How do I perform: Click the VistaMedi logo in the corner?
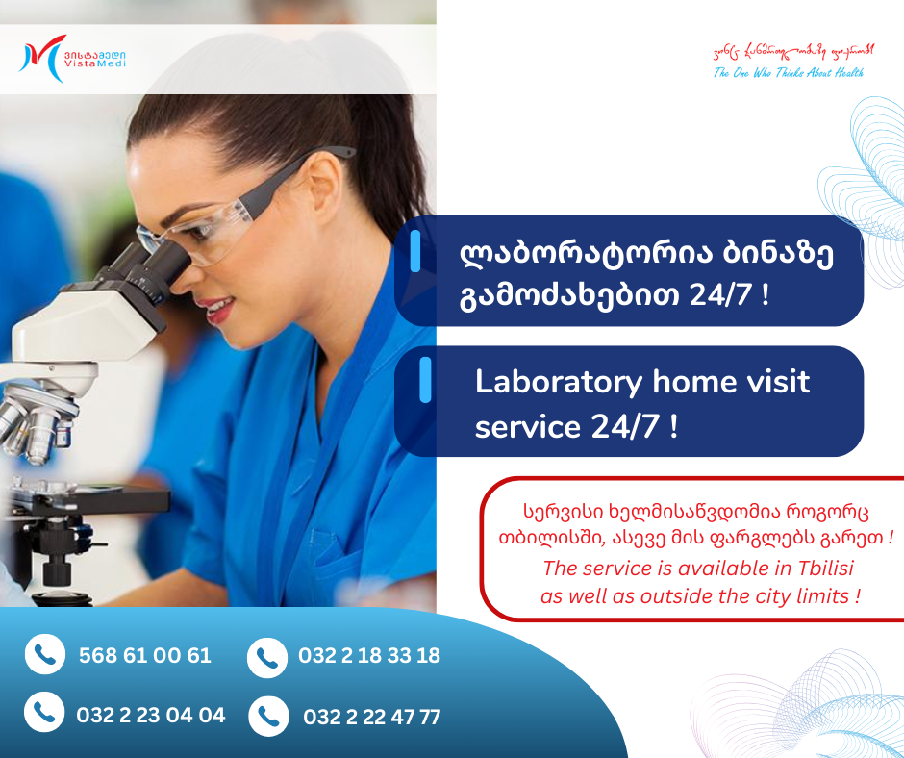click(71, 58)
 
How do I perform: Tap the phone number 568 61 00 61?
click(144, 656)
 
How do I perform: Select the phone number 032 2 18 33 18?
click(369, 656)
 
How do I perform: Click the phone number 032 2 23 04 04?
click(151, 715)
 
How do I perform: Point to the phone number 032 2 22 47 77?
click(372, 717)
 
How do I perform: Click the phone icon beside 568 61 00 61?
click(44, 655)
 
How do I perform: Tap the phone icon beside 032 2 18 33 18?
click(266, 658)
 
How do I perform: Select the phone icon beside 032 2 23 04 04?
click(44, 713)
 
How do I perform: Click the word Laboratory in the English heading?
click(559, 382)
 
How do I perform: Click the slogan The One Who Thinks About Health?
click(788, 73)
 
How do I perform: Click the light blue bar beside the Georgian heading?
click(416, 252)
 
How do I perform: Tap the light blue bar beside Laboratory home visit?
click(424, 382)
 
